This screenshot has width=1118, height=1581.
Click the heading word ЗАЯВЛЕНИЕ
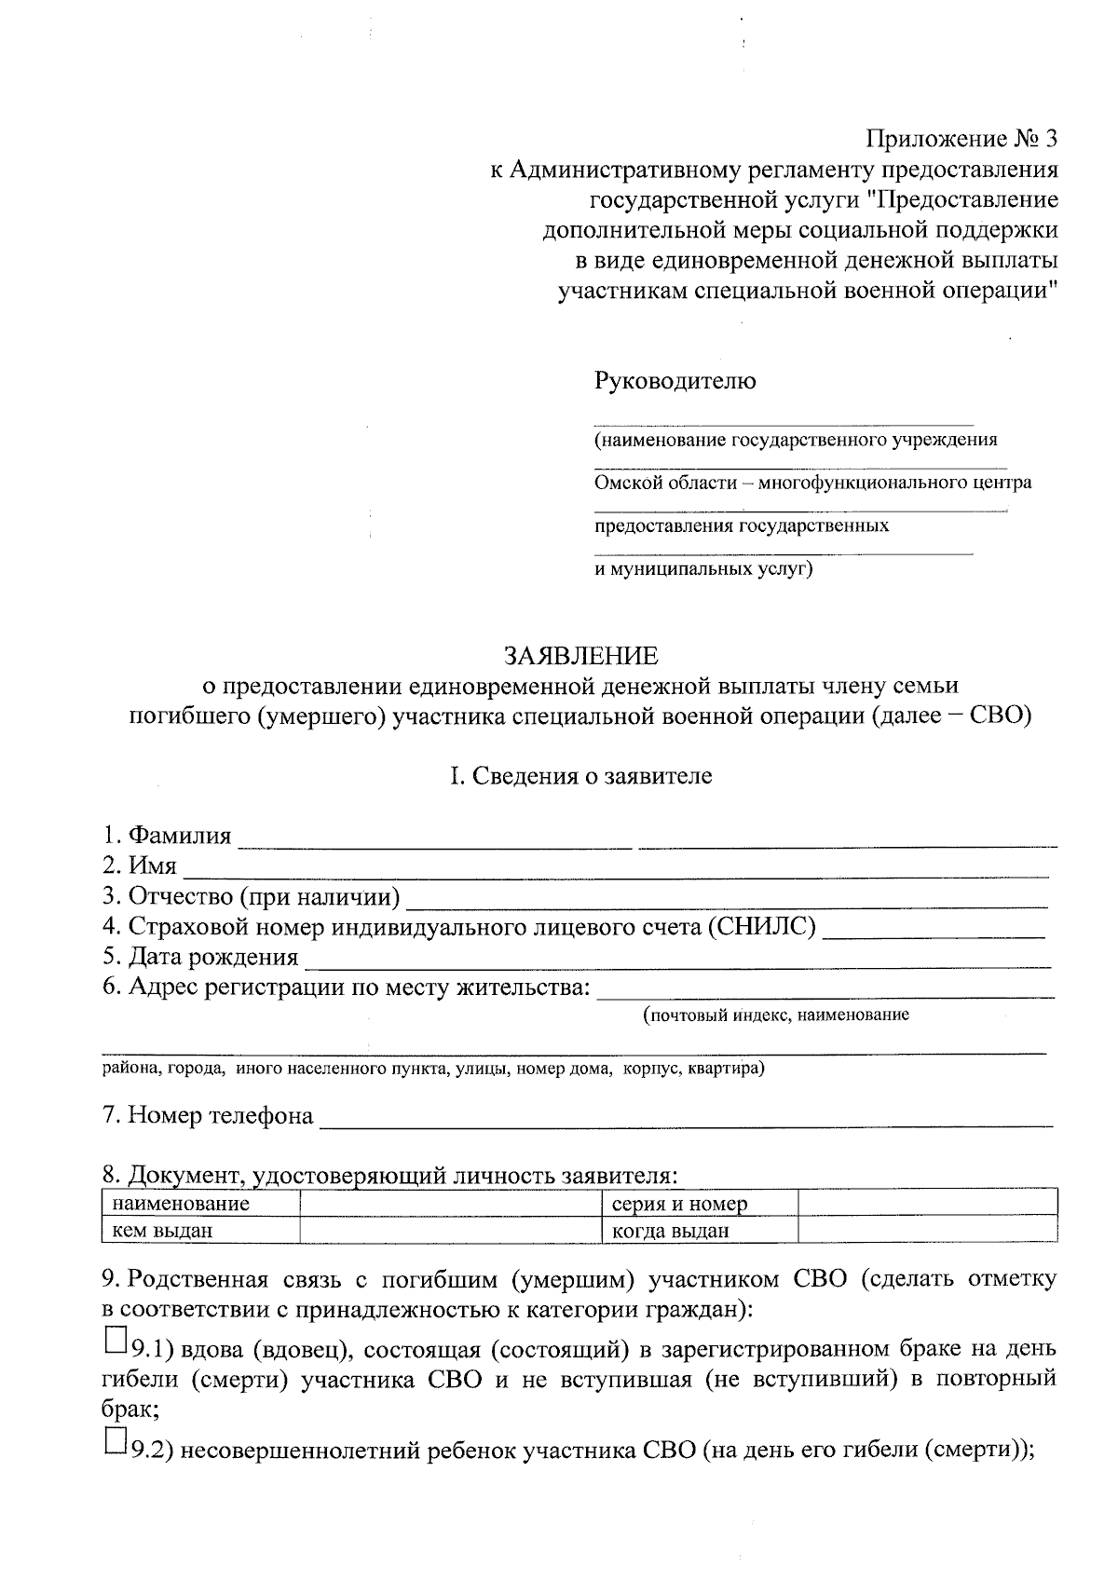(x=581, y=656)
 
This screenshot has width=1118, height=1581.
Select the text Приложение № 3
(x=963, y=140)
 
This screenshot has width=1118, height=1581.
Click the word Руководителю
(x=675, y=381)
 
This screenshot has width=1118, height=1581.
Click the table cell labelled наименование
(x=181, y=1204)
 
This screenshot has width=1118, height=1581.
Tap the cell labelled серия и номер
(x=679, y=1204)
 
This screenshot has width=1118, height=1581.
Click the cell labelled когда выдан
(x=670, y=1231)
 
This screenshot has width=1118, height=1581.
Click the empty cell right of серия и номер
(x=927, y=1203)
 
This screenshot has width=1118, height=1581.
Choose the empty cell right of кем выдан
(x=451, y=1231)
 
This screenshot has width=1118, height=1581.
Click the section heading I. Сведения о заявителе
(x=581, y=776)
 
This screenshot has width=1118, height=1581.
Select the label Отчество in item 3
(x=181, y=897)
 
